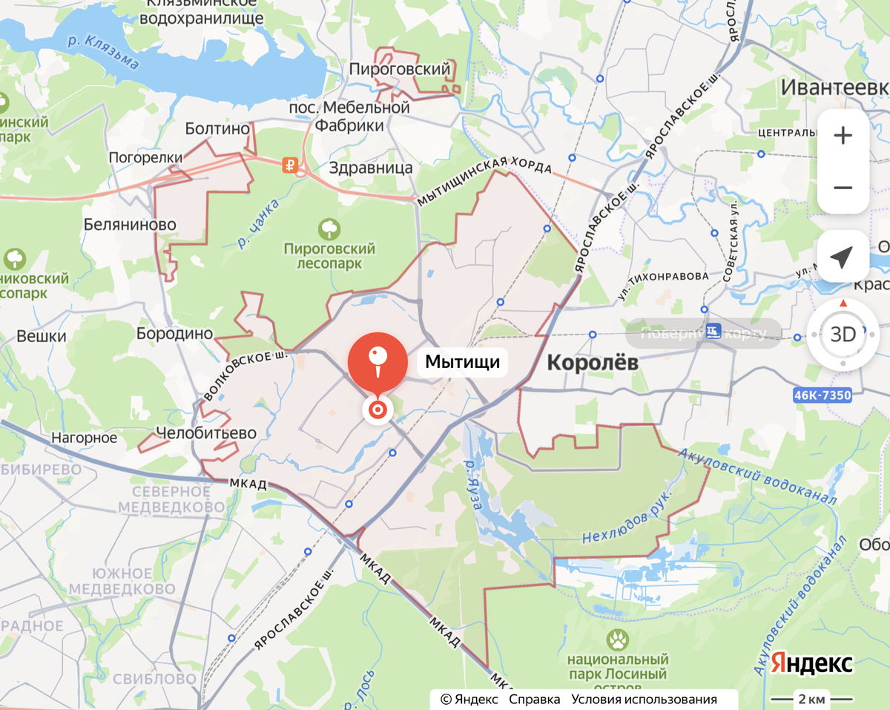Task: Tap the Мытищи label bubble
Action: click(462, 362)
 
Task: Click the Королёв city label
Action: click(592, 363)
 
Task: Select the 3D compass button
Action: click(843, 334)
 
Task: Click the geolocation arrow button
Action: click(843, 257)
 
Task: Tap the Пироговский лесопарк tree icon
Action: click(329, 227)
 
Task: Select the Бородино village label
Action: click(174, 334)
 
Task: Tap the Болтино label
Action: click(217, 128)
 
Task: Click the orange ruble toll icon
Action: click(291, 165)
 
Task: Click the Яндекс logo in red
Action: click(811, 663)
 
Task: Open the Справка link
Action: click(534, 699)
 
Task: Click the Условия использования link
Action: click(644, 699)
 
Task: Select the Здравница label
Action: click(371, 168)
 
